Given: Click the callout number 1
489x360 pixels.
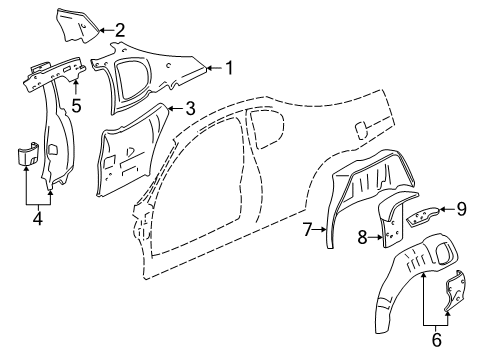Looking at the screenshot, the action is tap(229, 68).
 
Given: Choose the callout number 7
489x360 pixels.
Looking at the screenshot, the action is tap(307, 230).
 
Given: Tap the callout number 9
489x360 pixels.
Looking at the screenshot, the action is tap(461, 209).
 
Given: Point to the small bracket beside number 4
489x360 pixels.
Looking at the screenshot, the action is tap(27, 157).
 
